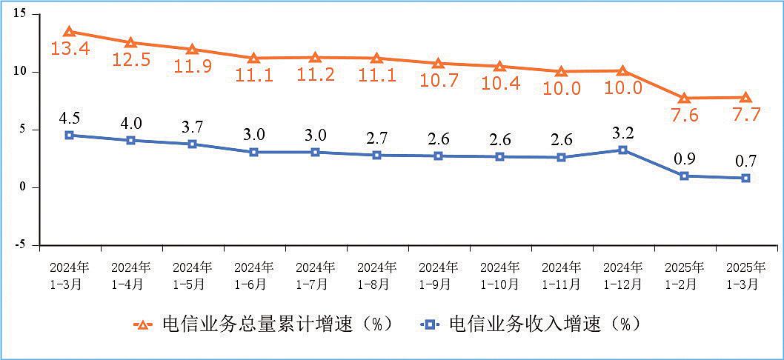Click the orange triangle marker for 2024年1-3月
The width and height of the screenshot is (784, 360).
coord(69,32)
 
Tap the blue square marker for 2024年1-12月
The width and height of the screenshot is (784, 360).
coord(622,150)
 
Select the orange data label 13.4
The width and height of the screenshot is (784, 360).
coord(69,50)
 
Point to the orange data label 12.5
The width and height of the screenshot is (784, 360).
coord(131,60)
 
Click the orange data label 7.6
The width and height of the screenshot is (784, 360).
coord(684,116)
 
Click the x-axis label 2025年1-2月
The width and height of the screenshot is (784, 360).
coord(684,274)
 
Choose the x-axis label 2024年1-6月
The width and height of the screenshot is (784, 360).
coord(253,274)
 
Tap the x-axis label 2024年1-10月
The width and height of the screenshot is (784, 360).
coord(499,274)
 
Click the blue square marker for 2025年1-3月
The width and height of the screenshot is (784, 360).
coord(745,178)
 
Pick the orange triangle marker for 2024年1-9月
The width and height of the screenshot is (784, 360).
coord(438,64)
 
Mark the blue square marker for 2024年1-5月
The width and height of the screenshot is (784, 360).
coord(192,144)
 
